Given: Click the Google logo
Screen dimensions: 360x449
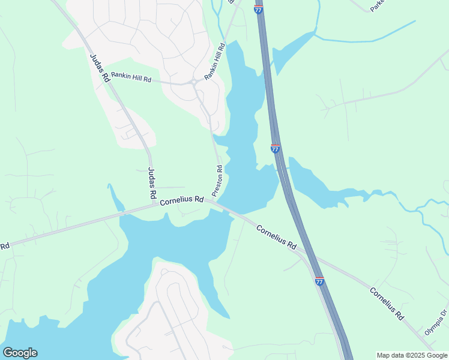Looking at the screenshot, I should [20, 353].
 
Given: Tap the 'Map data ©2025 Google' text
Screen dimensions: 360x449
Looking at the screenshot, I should [412, 355].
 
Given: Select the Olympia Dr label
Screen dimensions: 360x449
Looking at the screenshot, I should [436, 322].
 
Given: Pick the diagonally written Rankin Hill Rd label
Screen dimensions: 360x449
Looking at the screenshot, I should [214, 62].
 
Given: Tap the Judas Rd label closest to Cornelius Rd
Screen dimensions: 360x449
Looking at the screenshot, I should [151, 184].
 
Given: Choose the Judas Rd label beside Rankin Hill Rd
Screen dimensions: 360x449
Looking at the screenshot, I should [100, 68].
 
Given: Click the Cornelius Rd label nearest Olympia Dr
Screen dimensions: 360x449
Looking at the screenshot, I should [385, 303].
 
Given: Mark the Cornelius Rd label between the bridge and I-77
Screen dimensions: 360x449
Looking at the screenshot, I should [277, 237].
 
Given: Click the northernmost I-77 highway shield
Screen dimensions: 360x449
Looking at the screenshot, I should [258, 10].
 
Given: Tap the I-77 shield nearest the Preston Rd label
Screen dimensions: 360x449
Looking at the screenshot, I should [275, 148].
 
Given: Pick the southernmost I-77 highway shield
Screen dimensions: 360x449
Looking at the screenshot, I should [319, 281].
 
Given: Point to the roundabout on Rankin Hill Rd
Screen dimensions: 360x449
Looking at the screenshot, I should [194, 83].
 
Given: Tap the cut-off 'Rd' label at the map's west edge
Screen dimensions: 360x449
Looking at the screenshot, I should [5, 246].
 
